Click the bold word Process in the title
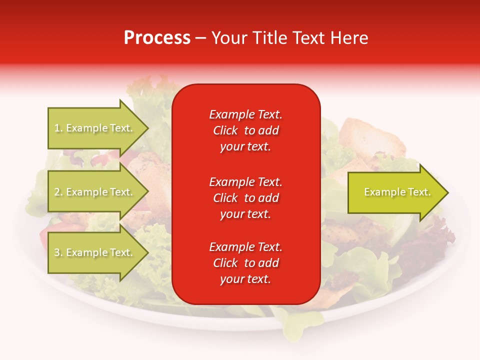157,38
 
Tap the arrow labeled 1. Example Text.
95,128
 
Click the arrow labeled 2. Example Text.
95,192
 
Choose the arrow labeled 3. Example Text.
95,252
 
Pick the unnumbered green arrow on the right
395,192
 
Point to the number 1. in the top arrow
58,128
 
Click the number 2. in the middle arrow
58,192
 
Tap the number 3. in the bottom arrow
58,252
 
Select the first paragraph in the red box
245,130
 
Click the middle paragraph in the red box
245,198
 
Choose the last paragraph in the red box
245,263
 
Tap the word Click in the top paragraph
225,130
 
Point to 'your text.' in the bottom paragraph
245,279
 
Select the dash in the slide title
201,38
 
